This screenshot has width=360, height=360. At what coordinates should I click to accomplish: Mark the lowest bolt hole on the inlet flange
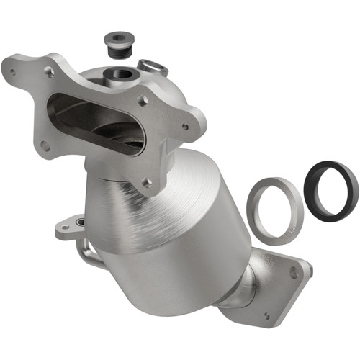tap(148, 183)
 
